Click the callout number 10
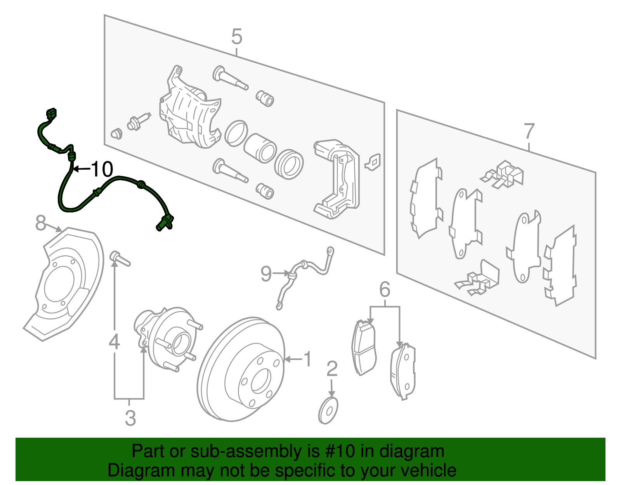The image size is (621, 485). coord(102,169)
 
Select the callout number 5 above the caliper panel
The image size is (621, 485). coord(236,37)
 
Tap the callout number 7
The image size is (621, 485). coord(529,132)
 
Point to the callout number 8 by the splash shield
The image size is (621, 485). coord(40,223)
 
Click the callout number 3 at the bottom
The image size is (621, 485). coord(130,418)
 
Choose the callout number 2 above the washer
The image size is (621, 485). coord(332,369)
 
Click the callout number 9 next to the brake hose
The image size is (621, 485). coord(266,274)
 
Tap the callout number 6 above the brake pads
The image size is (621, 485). coord(384,290)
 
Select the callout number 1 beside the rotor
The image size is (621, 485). coord(307,359)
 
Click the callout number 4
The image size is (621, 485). coord(114,342)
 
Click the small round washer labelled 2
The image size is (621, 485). coord(328,410)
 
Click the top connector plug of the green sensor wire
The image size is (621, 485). coord(51,114)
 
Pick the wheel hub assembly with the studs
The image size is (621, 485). coord(167,338)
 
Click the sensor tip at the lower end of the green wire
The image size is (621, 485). coord(160,227)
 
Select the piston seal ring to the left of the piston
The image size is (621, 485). coord(236,133)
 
